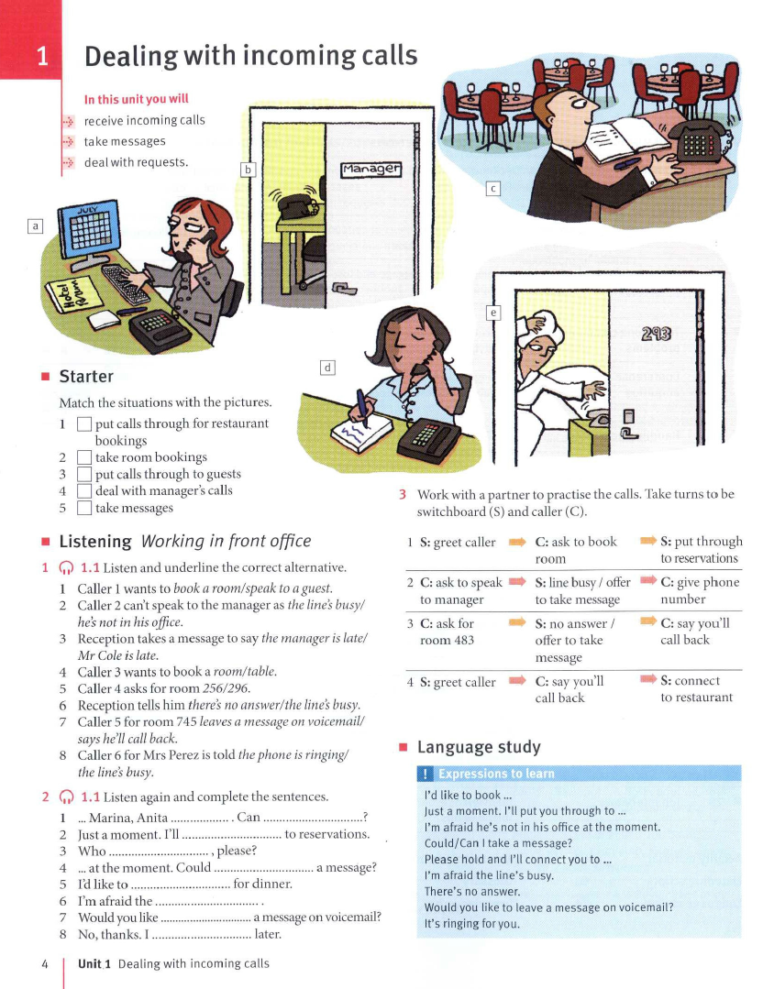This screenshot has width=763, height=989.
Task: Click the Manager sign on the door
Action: [x=371, y=170]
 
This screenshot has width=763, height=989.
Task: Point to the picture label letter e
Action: [x=493, y=313]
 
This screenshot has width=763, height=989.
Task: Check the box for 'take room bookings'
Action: [x=84, y=457]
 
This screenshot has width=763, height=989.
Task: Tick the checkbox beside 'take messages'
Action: [x=84, y=508]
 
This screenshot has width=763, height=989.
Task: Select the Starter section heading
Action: [x=86, y=376]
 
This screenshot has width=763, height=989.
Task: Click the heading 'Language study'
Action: [x=479, y=747]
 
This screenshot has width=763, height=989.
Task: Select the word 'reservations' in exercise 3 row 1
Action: [x=699, y=558]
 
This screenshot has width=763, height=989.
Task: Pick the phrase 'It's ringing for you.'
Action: [x=472, y=924]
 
